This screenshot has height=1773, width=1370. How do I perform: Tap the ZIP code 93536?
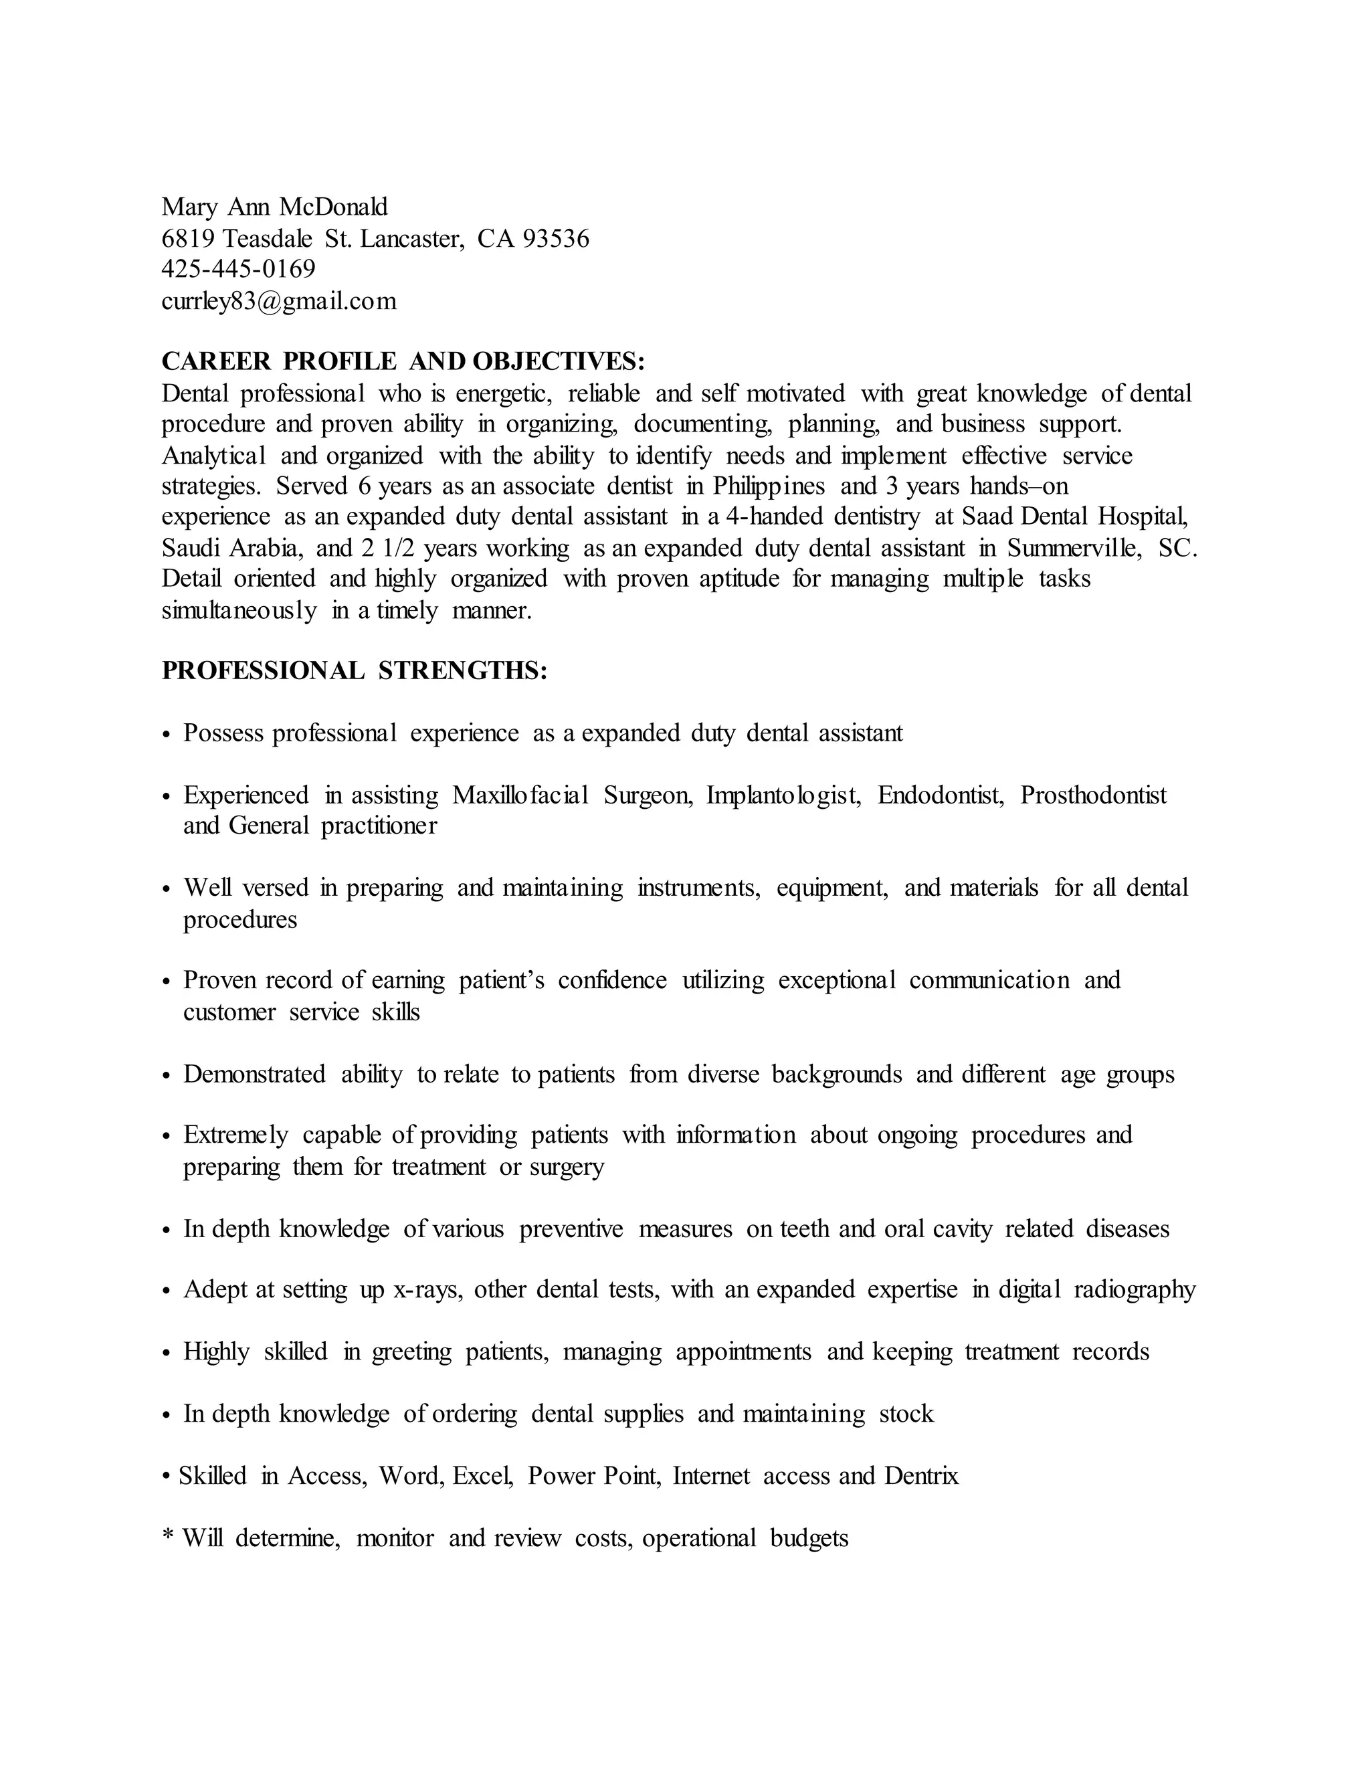click(x=556, y=239)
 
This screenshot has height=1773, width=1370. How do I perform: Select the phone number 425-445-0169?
click(x=239, y=269)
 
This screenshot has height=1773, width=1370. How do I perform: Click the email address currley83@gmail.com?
click(x=279, y=301)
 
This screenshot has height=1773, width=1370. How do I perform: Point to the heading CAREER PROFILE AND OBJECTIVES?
click(x=403, y=361)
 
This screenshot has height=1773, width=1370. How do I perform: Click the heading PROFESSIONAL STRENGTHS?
click(x=355, y=670)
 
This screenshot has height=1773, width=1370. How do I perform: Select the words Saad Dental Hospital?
click(x=1074, y=517)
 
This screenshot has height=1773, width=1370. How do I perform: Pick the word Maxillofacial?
click(x=519, y=795)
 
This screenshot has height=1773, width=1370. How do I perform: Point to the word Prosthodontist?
click(x=1093, y=795)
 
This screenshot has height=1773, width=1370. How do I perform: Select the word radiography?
click(x=1135, y=1289)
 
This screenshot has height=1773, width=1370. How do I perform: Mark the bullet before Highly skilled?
click(x=167, y=1354)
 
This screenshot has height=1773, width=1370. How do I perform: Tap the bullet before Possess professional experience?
click(x=167, y=735)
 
